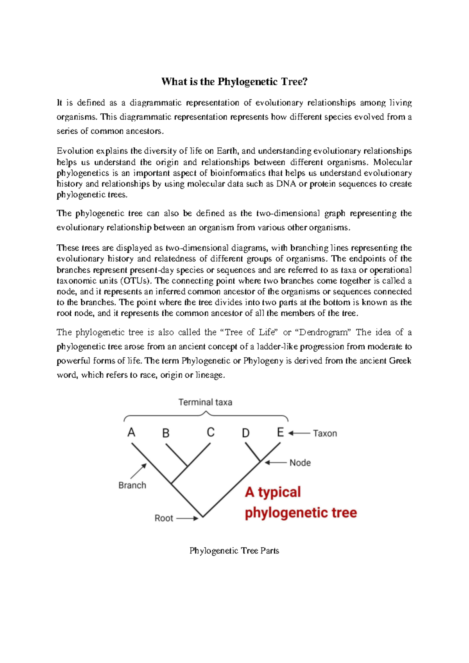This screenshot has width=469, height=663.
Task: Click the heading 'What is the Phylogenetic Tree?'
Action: [x=234, y=82]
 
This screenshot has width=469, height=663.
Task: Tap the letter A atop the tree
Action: [x=131, y=432]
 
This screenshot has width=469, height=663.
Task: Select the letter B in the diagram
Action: [x=166, y=433]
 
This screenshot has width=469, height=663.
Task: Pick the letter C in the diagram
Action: [x=211, y=432]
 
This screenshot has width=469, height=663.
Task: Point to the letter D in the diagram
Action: [x=245, y=433]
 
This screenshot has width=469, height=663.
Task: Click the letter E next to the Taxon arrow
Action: [x=280, y=432]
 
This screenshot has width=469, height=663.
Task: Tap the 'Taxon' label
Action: [x=325, y=434]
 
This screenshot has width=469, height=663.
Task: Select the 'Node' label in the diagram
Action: [x=300, y=463]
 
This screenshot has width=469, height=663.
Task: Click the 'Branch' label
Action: [x=132, y=486]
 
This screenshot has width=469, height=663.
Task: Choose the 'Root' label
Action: [x=164, y=518]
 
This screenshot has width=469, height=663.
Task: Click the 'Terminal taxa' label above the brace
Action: [x=205, y=402]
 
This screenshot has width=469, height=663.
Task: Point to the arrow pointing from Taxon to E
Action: [x=299, y=433]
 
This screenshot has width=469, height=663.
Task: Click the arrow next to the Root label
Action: [x=187, y=519]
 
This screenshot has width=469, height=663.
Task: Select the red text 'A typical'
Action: [x=273, y=492]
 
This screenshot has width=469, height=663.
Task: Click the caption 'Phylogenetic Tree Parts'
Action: [x=234, y=551]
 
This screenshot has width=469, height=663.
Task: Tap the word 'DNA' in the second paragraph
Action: [x=286, y=184]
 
